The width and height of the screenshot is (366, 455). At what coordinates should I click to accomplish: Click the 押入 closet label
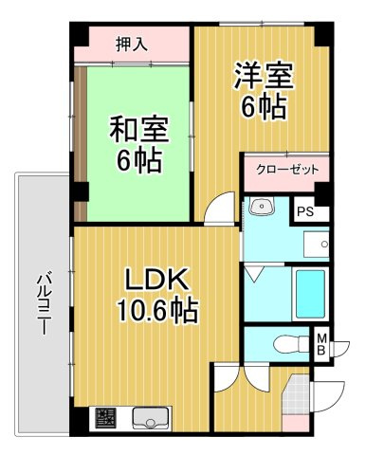coord(132,44)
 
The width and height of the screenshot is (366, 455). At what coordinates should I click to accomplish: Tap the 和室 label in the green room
coord(139,129)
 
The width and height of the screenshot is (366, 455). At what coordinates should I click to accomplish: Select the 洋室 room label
coord(264,75)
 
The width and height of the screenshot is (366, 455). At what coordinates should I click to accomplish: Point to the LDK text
coord(157,279)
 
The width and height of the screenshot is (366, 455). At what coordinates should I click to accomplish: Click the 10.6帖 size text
coord(157,310)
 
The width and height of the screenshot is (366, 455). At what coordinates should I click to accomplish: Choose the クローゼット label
coord(287,170)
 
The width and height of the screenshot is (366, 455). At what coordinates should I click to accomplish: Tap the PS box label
coord(305,211)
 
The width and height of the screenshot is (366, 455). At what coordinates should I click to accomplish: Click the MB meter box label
coord(321,344)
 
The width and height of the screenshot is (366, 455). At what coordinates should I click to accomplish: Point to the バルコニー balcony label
coord(43,302)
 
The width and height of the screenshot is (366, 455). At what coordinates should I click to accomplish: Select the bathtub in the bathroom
coord(310,294)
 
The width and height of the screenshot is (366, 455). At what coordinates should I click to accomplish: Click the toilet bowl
coord(290,344)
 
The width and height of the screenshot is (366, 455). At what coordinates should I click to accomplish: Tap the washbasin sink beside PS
coord(262,206)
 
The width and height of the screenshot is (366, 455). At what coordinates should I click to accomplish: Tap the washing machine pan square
coord(317,245)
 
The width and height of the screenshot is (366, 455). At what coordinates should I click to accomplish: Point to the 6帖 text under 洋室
coord(265,106)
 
